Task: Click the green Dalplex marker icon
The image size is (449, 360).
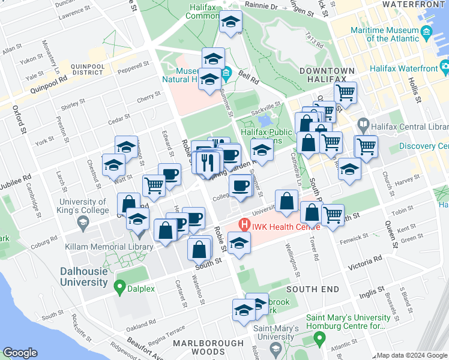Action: [x=119, y=288]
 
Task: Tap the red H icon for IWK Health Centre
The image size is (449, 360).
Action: [x=244, y=226]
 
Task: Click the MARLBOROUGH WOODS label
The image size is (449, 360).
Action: [x=208, y=347]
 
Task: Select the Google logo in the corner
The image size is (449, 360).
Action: [x=20, y=353]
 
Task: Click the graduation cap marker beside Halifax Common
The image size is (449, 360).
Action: [x=229, y=23]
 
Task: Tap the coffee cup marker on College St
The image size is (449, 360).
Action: [x=240, y=186]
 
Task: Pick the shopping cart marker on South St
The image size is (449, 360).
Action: [x=333, y=214]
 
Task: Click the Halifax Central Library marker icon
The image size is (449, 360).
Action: [x=363, y=125]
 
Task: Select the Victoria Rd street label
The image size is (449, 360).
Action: [x=369, y=259]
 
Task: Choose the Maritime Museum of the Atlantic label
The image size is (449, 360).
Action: [x=393, y=34]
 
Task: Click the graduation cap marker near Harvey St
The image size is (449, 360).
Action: [x=349, y=168]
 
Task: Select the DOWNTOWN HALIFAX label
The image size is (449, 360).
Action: [x=323, y=75]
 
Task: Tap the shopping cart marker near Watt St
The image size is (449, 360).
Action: [x=154, y=185]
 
